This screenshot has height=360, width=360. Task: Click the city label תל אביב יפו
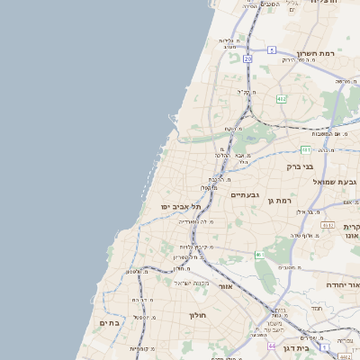tap(178, 206)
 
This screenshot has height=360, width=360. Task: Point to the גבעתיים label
tap(245, 195)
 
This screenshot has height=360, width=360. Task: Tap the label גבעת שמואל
tap(335, 182)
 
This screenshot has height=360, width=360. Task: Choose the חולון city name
tap(198, 316)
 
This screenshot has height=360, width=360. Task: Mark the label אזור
tap(226, 286)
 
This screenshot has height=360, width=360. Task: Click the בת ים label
tap(110, 322)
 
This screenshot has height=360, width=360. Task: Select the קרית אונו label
tap(351, 231)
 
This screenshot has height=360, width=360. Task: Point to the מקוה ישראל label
tap(191, 283)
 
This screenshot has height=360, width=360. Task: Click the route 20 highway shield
tap(247, 58)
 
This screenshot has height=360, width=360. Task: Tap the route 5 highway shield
tap(272, 49)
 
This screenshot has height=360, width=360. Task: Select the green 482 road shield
tap(282, 99)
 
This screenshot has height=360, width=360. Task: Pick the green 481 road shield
tap(306, 149)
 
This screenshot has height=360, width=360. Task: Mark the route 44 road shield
tap(271, 345)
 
